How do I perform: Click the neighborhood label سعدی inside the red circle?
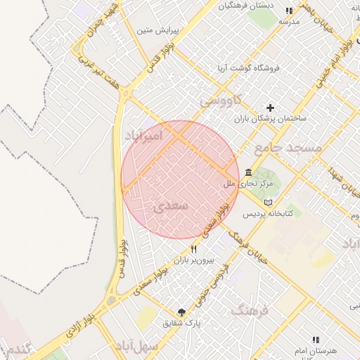point(169,206)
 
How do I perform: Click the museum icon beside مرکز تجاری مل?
point(249,173)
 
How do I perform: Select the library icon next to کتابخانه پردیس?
point(268,202)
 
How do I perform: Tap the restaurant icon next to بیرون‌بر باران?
point(193,250)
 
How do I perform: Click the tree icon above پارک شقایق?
point(182,312)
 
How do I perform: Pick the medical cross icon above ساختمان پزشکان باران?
point(271,108)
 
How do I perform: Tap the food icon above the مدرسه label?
point(289,11)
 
